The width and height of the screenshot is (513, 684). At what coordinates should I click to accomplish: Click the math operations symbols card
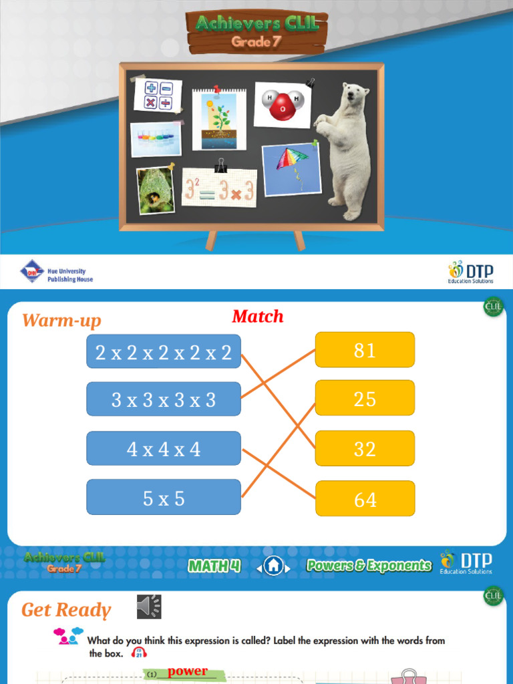(x=158, y=95)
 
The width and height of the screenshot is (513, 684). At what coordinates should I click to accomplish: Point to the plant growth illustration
(x=218, y=120)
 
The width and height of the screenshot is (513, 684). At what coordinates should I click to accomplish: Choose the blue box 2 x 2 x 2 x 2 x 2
(x=164, y=352)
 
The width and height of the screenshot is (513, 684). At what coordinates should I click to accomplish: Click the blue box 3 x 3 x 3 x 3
(x=164, y=399)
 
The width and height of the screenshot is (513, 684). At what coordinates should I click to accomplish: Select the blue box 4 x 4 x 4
(x=164, y=448)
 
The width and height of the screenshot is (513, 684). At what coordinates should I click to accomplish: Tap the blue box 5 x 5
(x=164, y=498)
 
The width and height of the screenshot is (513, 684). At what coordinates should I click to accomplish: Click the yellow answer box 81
(x=365, y=350)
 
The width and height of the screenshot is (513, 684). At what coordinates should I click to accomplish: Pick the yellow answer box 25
(x=365, y=399)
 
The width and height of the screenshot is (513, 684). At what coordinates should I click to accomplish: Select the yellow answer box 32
(x=365, y=448)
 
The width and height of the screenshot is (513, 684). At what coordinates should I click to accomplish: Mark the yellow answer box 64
(x=365, y=498)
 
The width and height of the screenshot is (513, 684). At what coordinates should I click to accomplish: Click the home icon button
(x=273, y=566)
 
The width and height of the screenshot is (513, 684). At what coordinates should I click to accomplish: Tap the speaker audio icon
(x=149, y=607)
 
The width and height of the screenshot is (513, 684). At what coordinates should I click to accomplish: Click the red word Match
(x=258, y=317)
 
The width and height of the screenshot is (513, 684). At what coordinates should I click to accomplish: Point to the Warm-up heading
(x=61, y=321)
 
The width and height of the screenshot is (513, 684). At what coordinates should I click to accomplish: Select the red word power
(x=188, y=671)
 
